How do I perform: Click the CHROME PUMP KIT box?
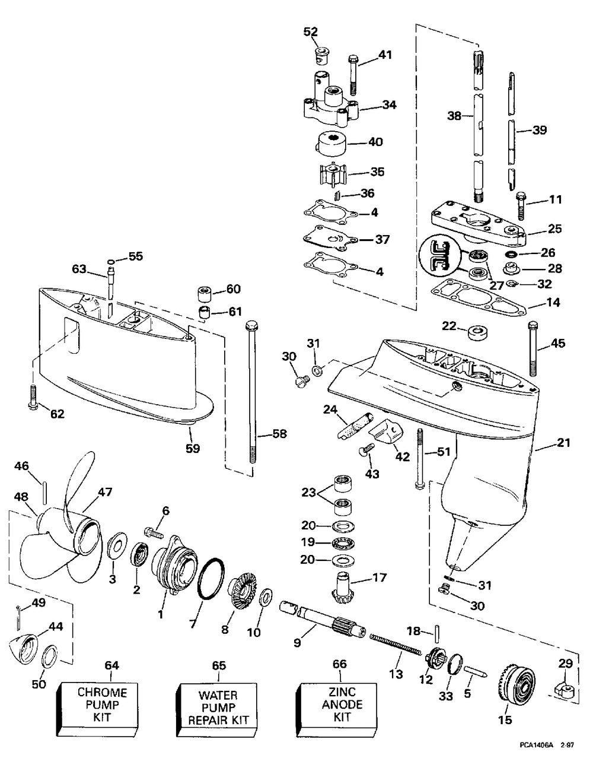coord(97,709)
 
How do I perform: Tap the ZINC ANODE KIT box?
coord(338,709)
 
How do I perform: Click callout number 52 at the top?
coord(311,32)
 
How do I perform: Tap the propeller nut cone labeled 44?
coord(23,649)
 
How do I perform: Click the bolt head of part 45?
coord(533,325)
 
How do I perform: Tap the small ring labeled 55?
coord(111,262)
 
